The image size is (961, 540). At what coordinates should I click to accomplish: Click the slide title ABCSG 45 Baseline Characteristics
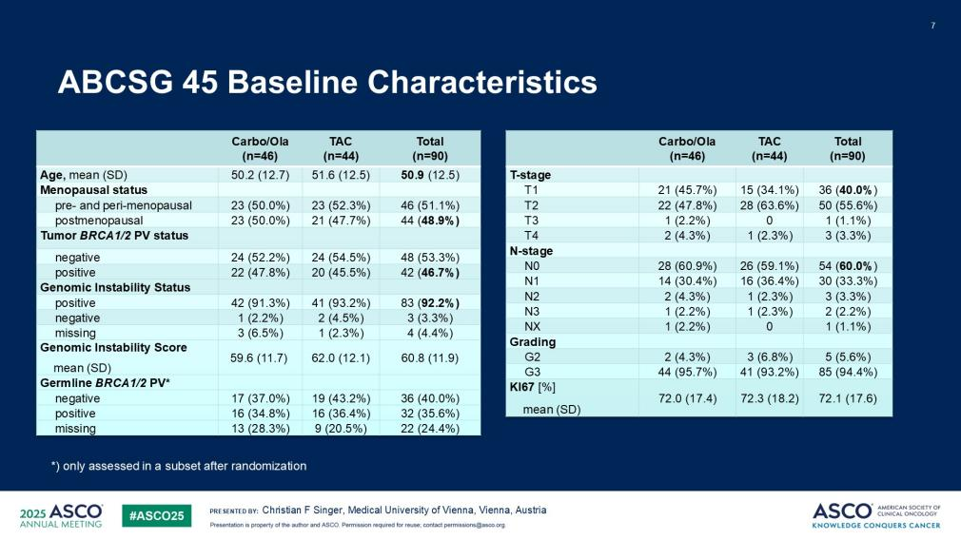[327, 83]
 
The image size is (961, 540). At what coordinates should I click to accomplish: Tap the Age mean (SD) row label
[84, 175]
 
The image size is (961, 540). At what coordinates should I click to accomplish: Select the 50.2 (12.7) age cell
[260, 175]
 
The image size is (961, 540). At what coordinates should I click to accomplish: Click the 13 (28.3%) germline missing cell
[260, 429]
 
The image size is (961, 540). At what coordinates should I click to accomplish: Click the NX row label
[532, 327]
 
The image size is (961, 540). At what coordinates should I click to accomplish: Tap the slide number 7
[932, 25]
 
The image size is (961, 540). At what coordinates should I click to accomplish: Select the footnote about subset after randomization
[179, 466]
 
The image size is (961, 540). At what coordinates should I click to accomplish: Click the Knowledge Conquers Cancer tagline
[876, 525]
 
